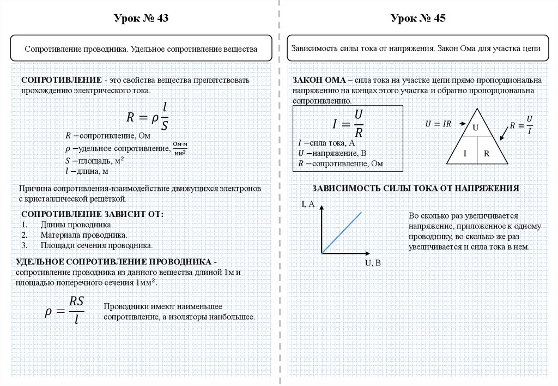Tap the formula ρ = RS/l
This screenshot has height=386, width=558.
64,311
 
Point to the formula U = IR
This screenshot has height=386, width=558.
438,124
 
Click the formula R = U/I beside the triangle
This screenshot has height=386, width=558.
521,125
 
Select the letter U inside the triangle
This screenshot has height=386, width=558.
475,128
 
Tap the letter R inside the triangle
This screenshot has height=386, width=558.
487,153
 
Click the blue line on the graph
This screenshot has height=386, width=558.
342,233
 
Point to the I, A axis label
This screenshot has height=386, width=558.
308,204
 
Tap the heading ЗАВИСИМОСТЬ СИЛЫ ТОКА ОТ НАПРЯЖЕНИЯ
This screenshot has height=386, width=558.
415,189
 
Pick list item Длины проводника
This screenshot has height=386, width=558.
76,225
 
